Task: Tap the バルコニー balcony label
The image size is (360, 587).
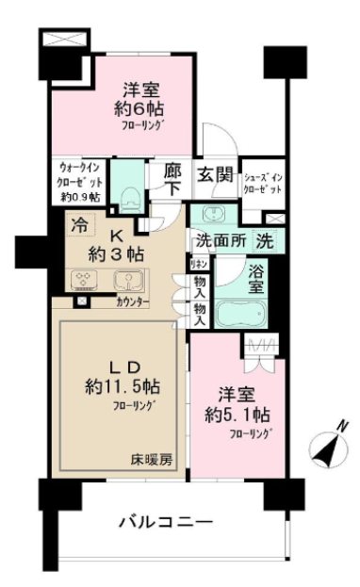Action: point(165,521)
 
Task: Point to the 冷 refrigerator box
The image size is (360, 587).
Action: point(79,227)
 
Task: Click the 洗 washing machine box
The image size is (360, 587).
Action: point(268,240)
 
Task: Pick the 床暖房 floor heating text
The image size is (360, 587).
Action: point(152,460)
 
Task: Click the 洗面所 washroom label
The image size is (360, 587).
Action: point(221,240)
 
